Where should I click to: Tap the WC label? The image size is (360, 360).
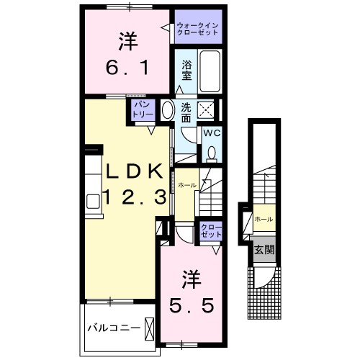(x=211, y=133)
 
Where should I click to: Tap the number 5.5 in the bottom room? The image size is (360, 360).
(x=192, y=307)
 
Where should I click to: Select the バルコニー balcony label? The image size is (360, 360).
(x=114, y=328)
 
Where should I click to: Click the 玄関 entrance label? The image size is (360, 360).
(x=263, y=250)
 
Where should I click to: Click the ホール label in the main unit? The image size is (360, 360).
(x=186, y=185)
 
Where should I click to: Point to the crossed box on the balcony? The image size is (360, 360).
(x=149, y=328)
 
